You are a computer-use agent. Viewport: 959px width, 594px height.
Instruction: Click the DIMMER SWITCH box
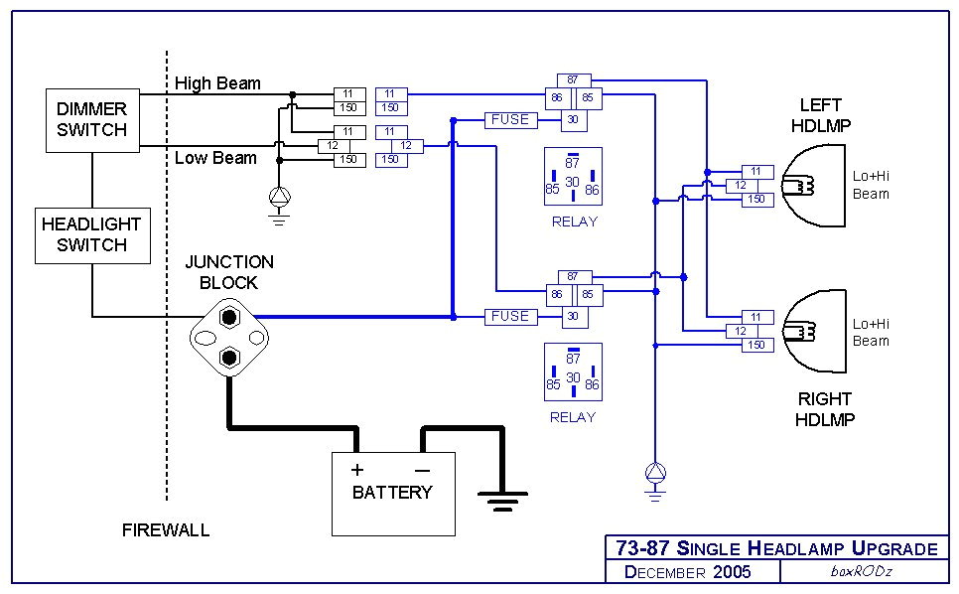[x=91, y=119]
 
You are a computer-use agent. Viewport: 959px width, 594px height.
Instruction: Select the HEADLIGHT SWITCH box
[x=91, y=235]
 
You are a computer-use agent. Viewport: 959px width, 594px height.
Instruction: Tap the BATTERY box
[x=392, y=493]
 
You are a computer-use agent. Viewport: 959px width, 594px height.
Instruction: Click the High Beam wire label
[x=217, y=83]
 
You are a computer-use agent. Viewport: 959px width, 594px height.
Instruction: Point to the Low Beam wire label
[x=215, y=158]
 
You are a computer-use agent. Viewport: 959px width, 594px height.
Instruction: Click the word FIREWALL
[x=166, y=529]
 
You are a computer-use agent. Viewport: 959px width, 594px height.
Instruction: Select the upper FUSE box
[x=510, y=119]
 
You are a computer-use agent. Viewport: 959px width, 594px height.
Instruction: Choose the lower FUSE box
[x=510, y=316]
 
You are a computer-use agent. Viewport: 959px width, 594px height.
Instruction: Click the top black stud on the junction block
[x=230, y=318]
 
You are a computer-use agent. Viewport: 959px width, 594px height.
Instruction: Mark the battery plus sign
[x=357, y=469]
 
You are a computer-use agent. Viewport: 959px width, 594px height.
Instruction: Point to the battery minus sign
[x=422, y=469]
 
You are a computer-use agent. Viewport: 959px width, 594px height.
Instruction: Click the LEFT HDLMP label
[x=820, y=115]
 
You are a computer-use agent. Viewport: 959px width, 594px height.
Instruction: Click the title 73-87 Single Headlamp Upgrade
[x=776, y=548]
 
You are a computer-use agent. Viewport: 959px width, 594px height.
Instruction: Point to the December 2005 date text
[x=687, y=572]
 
